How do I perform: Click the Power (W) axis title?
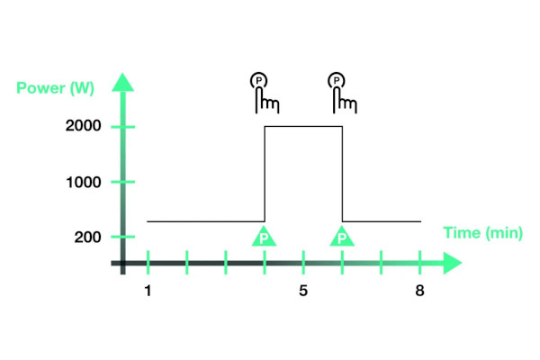[55, 88]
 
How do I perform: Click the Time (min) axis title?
[482, 233]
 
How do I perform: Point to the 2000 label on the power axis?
[84, 126]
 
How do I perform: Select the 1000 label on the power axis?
[84, 182]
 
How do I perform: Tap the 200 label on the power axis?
[87, 237]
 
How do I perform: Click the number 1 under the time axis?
[148, 291]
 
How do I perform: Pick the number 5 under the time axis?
[303, 291]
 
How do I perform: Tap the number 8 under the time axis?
[419, 291]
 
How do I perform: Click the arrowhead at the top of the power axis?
[123, 83]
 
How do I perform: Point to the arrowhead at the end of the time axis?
[452, 263]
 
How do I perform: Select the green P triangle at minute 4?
[264, 237]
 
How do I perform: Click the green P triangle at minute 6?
[342, 237]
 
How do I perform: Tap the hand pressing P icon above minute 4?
[264, 93]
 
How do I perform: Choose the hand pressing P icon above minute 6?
[342, 93]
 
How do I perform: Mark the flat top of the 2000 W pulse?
[303, 127]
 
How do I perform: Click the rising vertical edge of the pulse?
[265, 174]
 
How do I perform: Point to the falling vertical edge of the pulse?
[342, 174]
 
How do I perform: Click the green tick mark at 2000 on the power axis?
[123, 127]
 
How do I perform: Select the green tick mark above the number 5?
[303, 263]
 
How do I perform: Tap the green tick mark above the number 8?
[419, 263]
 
